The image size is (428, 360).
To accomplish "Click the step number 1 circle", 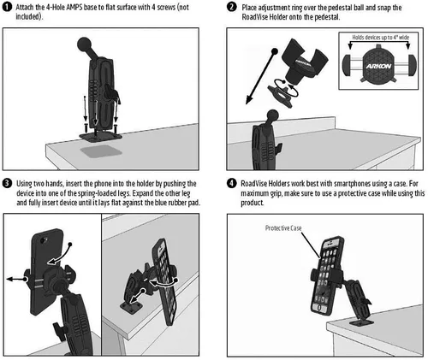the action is tap(7, 7).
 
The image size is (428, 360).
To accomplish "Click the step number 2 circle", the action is tap(232, 7).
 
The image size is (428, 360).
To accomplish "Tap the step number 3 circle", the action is tap(7, 183).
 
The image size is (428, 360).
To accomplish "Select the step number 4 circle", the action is tap(232, 183).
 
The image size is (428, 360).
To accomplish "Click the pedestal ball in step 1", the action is tap(84, 44).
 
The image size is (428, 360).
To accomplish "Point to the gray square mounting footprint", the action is tap(101, 151).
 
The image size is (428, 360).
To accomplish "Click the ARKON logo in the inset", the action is tap(378, 67).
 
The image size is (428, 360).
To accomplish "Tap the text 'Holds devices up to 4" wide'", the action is tap(380, 38).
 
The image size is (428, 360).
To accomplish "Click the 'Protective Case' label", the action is tap(283, 227).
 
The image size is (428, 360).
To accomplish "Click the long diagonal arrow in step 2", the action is tap(261, 77).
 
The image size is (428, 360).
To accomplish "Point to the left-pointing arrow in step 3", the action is tap(16, 279).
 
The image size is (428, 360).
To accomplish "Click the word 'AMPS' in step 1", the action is tap(74, 7).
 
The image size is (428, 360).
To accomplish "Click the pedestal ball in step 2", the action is tap(273, 115).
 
